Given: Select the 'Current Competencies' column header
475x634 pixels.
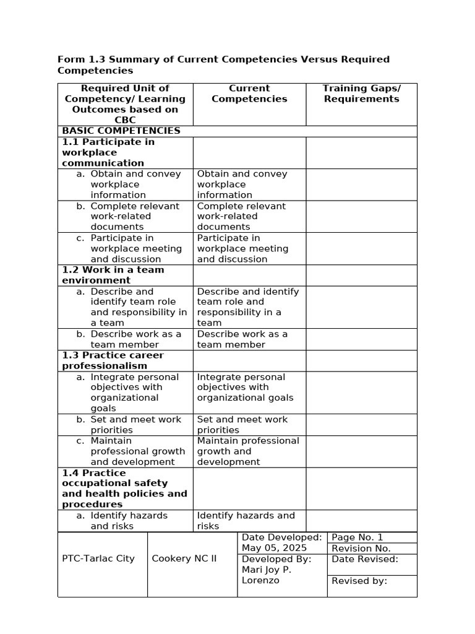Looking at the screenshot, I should pos(249,93).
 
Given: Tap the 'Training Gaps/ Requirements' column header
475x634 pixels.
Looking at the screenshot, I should pos(361,93).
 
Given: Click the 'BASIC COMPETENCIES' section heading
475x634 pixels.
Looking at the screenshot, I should pos(121,131).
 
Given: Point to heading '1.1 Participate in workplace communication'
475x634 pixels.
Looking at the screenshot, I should pos(108,152).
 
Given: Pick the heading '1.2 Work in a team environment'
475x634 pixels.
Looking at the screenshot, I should pos(113,275).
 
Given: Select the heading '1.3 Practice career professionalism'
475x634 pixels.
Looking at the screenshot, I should pos(113,360).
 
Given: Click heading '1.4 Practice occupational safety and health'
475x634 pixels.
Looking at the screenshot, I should pos(124,489).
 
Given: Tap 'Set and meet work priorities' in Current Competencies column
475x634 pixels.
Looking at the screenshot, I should pos(242,424).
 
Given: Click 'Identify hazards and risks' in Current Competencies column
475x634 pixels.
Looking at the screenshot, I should pos(246,520).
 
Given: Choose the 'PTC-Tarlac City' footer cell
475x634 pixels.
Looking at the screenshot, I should pos(98,558).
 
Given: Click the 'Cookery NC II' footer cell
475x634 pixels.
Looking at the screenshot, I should pos(184,558).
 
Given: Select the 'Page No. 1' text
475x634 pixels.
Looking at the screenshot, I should pos(357,537).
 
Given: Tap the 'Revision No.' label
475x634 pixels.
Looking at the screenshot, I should pos(361,548).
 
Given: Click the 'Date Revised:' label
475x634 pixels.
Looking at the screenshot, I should pos(365,559).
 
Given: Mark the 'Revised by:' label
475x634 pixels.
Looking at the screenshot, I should pos(359,581).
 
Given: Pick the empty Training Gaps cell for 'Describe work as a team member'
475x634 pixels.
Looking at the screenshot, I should pos(361,339).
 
